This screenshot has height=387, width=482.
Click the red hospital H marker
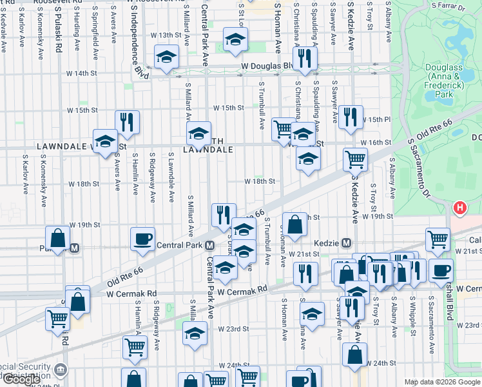[459, 208]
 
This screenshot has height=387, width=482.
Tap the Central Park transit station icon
[210, 246]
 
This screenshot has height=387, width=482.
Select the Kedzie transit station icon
[347, 243]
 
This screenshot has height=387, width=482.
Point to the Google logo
[21, 380]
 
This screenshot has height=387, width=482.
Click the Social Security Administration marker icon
[61, 370]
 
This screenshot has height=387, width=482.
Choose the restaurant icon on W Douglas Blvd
[305, 59]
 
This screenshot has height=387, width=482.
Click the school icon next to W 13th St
[236, 40]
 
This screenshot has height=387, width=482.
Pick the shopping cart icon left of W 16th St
[283, 129]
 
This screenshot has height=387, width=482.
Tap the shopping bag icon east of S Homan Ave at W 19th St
[294, 226]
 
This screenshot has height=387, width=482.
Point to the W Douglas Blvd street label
[266, 66]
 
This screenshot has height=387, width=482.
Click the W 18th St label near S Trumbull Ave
[260, 182]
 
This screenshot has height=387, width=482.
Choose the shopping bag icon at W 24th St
[354, 354]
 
